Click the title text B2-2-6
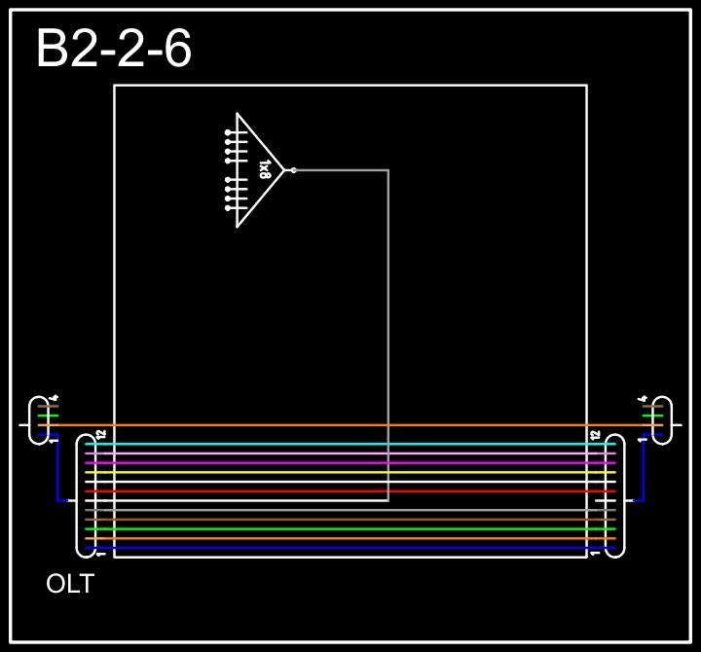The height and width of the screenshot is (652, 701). (113, 49)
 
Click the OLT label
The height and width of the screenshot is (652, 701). (70, 585)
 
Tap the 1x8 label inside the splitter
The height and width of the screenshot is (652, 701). (264, 170)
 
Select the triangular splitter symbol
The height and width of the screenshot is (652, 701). (255, 170)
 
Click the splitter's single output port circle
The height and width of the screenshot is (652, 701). (293, 170)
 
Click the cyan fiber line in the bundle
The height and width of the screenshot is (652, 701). (350, 445)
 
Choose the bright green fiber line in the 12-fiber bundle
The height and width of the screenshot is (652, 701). (350, 528)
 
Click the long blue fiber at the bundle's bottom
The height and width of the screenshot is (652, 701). (350, 548)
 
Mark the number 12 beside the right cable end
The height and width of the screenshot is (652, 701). (595, 434)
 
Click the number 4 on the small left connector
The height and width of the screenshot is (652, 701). (55, 397)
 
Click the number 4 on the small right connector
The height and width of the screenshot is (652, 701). (644, 397)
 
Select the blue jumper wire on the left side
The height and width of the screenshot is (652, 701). (58, 472)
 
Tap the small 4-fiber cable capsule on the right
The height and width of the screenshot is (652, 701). (662, 420)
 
